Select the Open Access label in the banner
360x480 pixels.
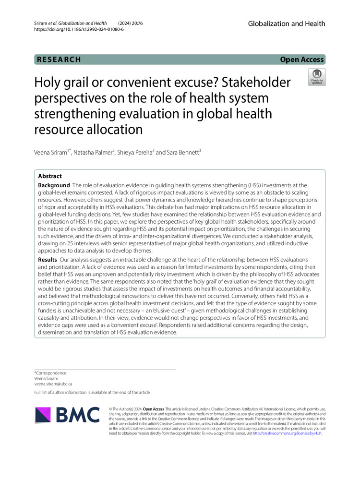pos(302,60)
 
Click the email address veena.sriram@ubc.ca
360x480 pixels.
pos(53,384)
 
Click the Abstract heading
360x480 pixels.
pos(50,176)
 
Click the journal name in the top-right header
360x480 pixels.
pos(287,24)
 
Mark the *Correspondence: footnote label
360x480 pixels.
pos(51,372)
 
